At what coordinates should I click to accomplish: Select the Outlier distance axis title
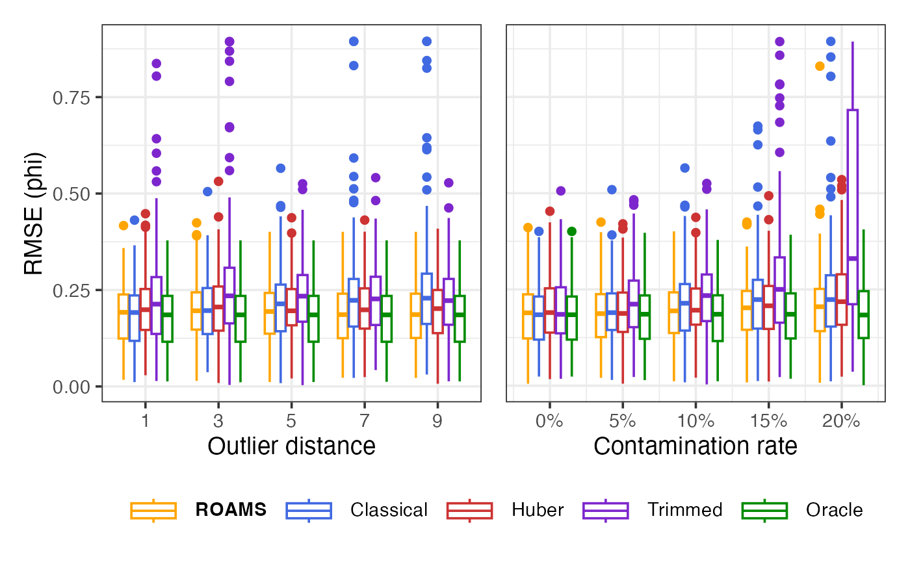[291, 446]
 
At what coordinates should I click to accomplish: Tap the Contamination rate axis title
[695, 446]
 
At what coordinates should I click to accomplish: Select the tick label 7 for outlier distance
[364, 420]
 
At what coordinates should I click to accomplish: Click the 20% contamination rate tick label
[841, 420]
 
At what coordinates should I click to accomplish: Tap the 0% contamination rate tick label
[549, 420]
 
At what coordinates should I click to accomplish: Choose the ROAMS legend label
[231, 510]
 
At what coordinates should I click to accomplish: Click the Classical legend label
[389, 510]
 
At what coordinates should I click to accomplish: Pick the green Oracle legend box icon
[764, 510]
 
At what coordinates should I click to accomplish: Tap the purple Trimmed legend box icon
[606, 510]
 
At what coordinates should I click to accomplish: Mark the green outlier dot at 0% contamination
[572, 231]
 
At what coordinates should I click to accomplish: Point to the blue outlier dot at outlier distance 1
[135, 220]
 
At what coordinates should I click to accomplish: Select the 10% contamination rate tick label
[695, 420]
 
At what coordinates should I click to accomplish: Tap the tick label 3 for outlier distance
[218, 420]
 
